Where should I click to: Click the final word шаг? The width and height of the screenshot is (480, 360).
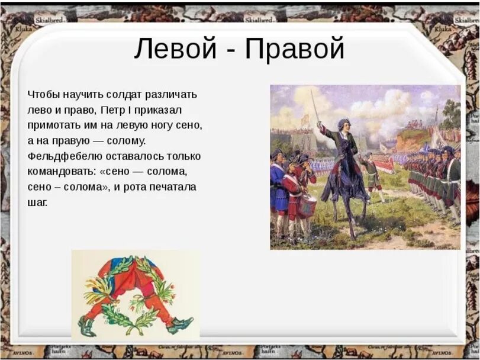37,202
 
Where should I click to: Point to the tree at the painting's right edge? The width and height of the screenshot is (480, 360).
452,112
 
